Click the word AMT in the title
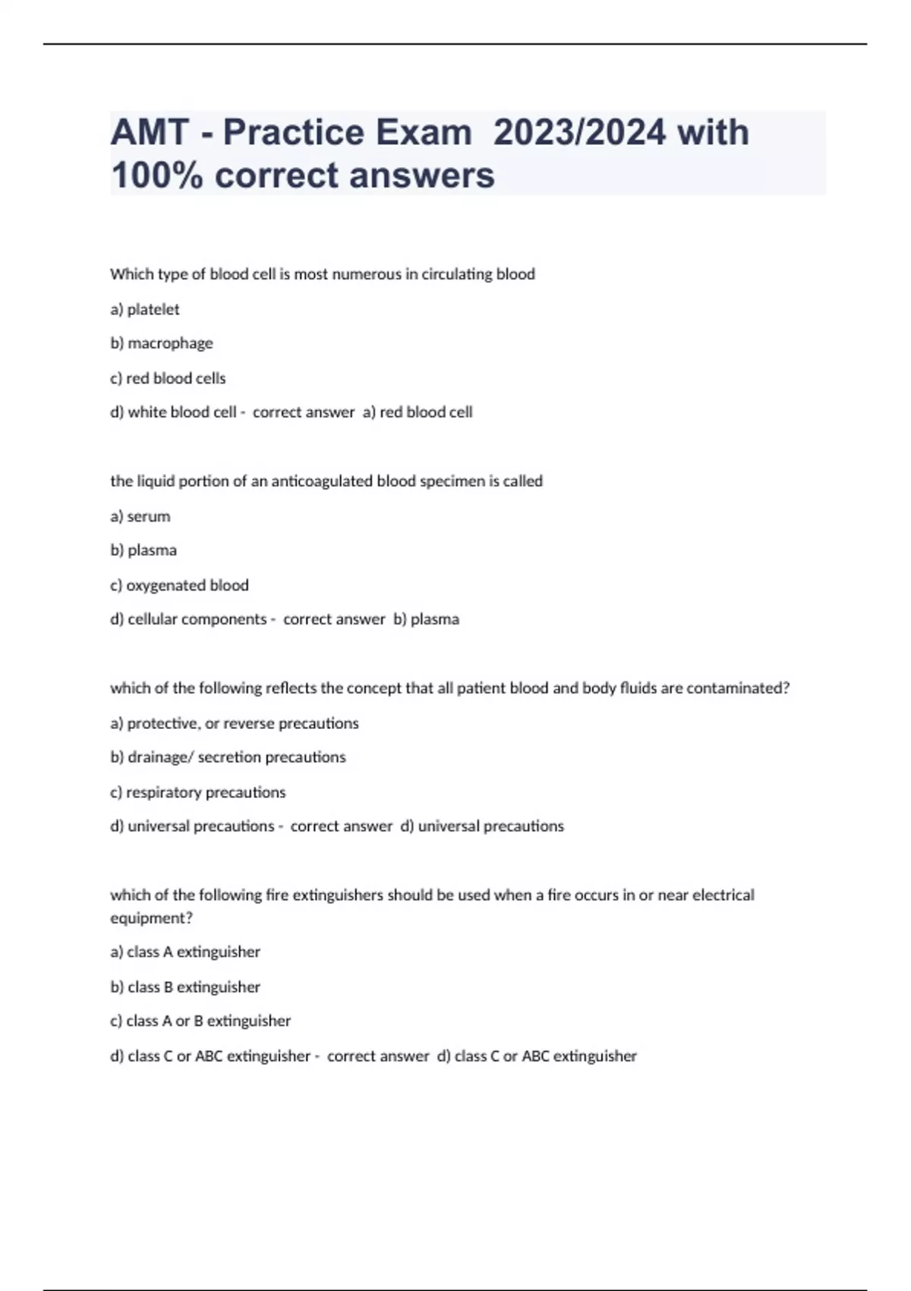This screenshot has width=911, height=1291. (x=150, y=133)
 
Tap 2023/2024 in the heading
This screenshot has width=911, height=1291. (x=578, y=133)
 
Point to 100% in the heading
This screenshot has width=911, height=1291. (x=156, y=175)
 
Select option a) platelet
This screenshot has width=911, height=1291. (x=145, y=309)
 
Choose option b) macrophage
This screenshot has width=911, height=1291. (x=162, y=343)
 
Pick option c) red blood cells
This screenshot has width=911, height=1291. (x=168, y=378)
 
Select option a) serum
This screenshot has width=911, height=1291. (x=140, y=516)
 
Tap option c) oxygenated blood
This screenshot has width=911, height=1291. (x=180, y=586)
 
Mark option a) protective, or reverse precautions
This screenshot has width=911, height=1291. (x=235, y=724)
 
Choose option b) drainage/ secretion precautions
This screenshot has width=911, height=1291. (x=228, y=757)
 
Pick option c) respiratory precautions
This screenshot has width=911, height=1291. (x=198, y=792)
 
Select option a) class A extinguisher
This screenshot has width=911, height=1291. (x=185, y=952)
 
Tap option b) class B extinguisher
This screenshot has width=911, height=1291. (x=185, y=987)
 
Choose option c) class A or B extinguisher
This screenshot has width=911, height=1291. (x=200, y=1021)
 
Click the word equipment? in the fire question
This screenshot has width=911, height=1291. (x=151, y=918)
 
